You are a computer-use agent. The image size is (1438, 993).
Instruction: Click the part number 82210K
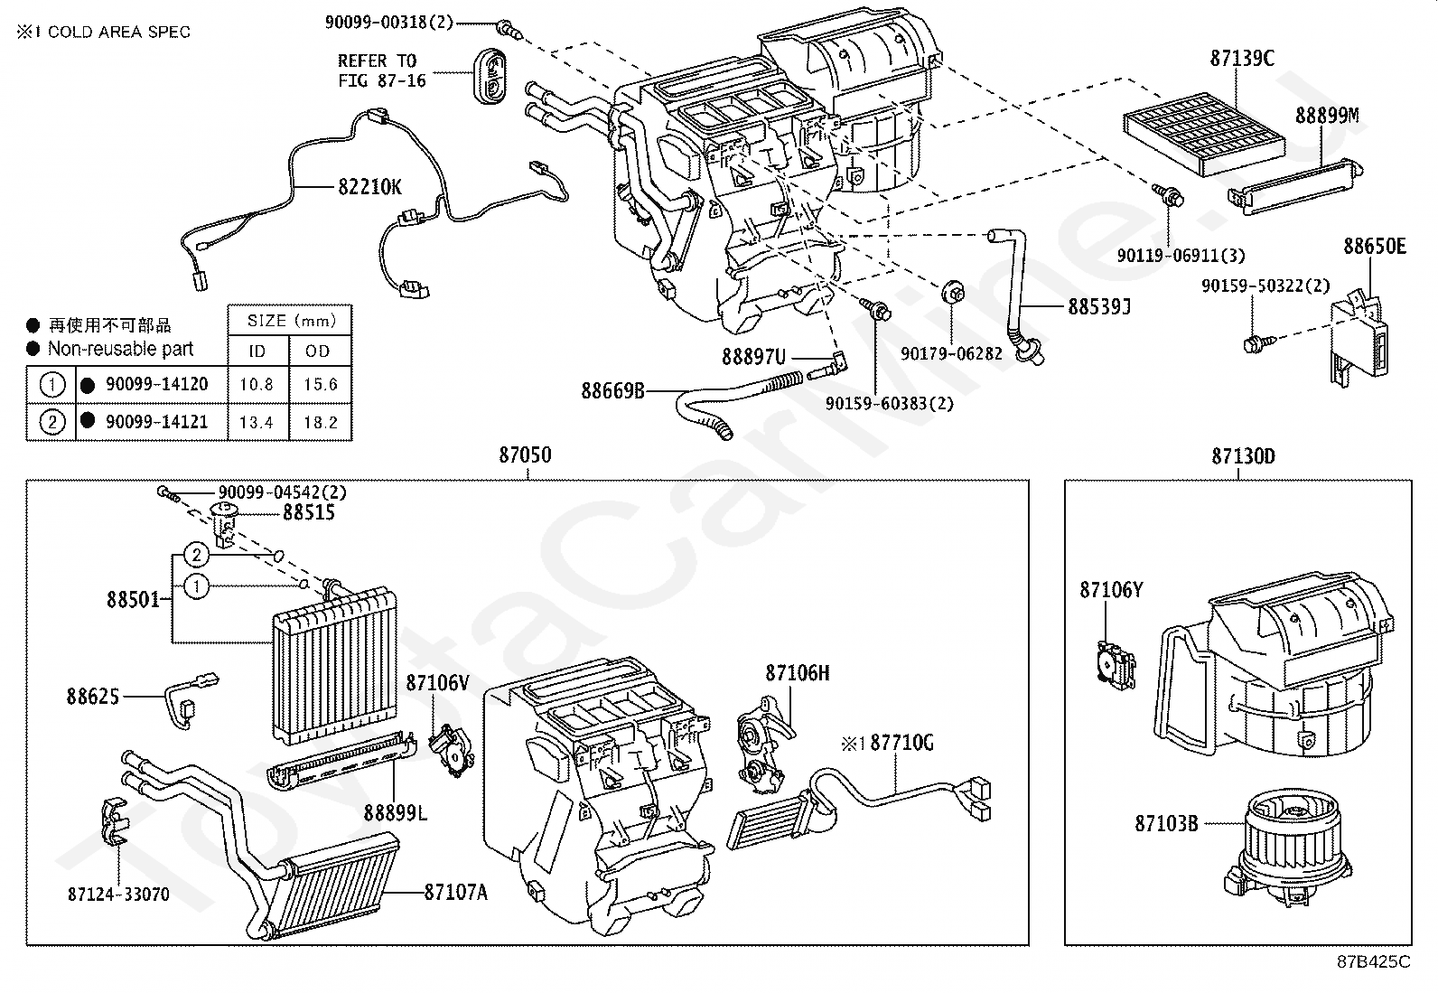(x=369, y=187)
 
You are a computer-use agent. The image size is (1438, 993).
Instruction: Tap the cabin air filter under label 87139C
(x=1204, y=135)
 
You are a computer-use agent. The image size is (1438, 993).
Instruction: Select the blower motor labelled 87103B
(x=1290, y=847)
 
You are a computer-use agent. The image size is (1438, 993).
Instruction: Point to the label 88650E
(x=1375, y=246)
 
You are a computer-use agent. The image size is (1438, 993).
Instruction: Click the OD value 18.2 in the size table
(x=321, y=422)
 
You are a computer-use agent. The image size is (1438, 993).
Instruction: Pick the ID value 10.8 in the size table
(x=257, y=384)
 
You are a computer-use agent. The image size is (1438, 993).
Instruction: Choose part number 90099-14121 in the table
(x=156, y=421)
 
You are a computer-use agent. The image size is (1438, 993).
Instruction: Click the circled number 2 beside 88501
(x=196, y=555)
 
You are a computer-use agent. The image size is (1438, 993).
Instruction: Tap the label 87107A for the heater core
(x=456, y=892)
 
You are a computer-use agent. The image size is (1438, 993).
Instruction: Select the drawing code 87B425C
(x=1373, y=961)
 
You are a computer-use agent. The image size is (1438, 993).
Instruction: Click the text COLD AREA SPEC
(x=118, y=32)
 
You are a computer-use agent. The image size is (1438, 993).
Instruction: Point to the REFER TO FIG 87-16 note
(x=382, y=70)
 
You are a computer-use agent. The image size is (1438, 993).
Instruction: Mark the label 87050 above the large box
(x=525, y=454)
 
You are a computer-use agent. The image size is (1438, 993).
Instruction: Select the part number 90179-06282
(x=951, y=354)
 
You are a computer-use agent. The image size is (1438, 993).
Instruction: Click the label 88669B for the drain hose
(x=612, y=390)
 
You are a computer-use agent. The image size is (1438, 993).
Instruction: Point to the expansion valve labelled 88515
(x=224, y=523)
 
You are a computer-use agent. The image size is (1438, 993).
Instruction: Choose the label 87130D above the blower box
(x=1244, y=456)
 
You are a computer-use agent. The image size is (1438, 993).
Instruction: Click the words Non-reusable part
(x=121, y=349)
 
